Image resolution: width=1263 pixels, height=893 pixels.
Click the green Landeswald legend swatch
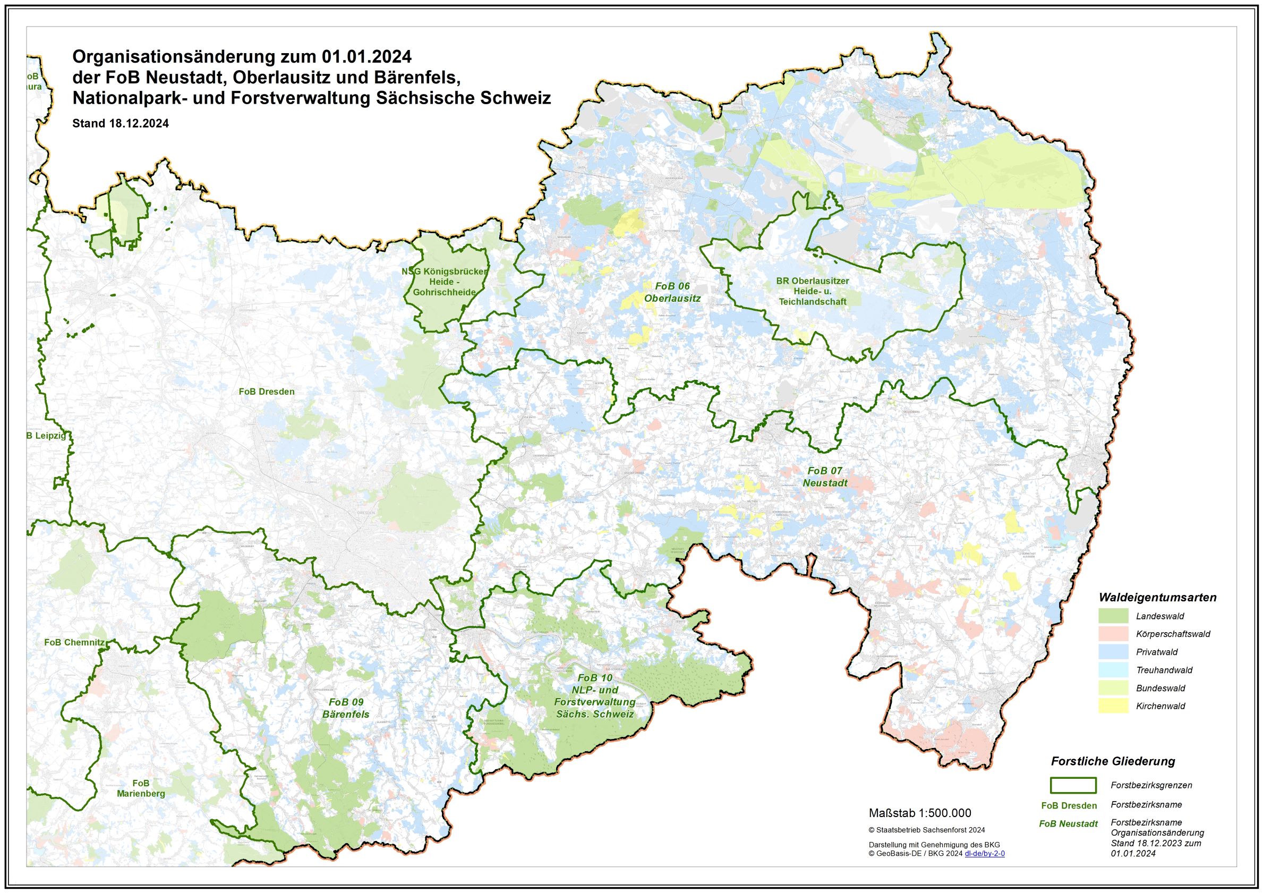[1114, 616]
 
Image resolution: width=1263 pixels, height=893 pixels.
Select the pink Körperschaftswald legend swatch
[1114, 634]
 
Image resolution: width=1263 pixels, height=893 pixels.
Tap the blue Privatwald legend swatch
[1114, 652]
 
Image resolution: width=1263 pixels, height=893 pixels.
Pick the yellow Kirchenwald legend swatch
[1114, 706]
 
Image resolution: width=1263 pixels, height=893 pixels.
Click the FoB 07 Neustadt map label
[825, 477]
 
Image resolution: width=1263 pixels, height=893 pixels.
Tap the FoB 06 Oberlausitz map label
[672, 292]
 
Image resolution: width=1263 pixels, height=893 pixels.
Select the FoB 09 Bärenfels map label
[346, 708]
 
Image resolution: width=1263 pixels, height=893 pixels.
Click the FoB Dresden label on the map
[266, 392]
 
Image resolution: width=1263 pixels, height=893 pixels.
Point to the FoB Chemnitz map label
[74, 642]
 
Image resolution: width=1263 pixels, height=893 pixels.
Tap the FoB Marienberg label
[141, 788]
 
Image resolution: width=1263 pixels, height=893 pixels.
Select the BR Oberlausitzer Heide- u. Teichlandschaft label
[813, 291]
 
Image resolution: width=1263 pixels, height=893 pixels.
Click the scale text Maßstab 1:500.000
[920, 813]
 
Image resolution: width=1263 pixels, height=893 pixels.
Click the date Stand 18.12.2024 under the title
[121, 123]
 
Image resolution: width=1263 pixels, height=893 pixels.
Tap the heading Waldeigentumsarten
[1157, 598]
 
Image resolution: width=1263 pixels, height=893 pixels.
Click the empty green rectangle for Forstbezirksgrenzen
[1073, 785]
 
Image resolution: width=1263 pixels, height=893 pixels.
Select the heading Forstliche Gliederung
[1113, 761]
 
